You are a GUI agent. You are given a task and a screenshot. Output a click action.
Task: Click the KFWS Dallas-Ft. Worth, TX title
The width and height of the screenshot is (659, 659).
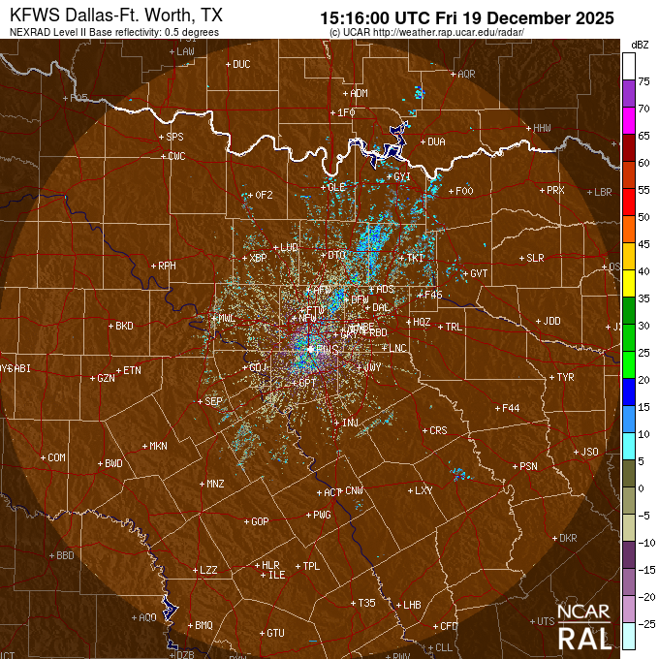coord(114,16)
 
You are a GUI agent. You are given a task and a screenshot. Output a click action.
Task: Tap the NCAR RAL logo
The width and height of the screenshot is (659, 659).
coord(584,628)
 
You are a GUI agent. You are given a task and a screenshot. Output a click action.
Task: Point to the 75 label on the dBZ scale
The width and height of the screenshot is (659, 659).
coord(643,82)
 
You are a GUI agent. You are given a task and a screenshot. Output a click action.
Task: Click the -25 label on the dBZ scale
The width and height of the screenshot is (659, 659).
coord(643,623)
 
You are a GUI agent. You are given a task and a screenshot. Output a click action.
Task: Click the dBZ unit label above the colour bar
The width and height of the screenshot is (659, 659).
coord(639,45)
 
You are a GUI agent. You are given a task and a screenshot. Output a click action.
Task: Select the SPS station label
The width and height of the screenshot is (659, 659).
coord(174,138)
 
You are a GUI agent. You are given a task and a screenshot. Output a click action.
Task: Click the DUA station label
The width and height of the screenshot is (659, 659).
coord(435,141)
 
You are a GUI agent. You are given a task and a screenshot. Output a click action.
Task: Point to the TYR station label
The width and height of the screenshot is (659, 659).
coord(566,377)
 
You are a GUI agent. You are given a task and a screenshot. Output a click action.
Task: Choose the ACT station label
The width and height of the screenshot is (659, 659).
coord(330,492)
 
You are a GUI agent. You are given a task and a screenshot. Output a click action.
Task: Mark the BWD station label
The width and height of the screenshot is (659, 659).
coord(113,463)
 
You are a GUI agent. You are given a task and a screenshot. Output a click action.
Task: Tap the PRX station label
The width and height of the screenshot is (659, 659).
coord(555,190)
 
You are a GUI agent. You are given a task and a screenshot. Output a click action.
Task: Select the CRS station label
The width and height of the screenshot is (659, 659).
coord(438,430)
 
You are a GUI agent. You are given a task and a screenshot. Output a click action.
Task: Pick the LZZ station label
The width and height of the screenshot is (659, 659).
coord(207,570)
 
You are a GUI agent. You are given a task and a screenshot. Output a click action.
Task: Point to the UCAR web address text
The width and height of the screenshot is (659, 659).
coord(427,32)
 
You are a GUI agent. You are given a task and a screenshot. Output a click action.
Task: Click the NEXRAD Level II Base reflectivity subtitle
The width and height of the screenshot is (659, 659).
coord(114,32)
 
